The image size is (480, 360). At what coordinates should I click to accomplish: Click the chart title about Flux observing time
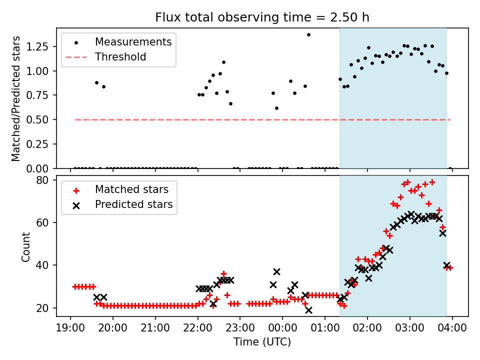coord(262,17)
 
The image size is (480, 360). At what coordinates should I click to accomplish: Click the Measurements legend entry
coord(133,41)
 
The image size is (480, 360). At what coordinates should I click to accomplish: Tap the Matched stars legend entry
coord(131,189)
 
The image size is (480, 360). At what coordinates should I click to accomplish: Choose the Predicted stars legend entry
coord(133,204)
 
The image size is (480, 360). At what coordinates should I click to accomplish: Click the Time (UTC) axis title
coord(262,342)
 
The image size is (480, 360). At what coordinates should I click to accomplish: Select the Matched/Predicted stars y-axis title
coord(16,98)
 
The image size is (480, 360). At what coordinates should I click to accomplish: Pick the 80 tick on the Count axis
coord(45,180)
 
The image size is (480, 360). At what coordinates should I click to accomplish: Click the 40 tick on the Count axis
coord(45,265)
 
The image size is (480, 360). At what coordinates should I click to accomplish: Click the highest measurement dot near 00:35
coord(308,34)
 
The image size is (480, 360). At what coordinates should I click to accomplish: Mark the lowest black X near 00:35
coord(308,310)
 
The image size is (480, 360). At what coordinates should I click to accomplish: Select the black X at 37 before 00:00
coord(276,271)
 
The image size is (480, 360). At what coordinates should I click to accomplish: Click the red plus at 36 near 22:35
coord(223,274)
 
